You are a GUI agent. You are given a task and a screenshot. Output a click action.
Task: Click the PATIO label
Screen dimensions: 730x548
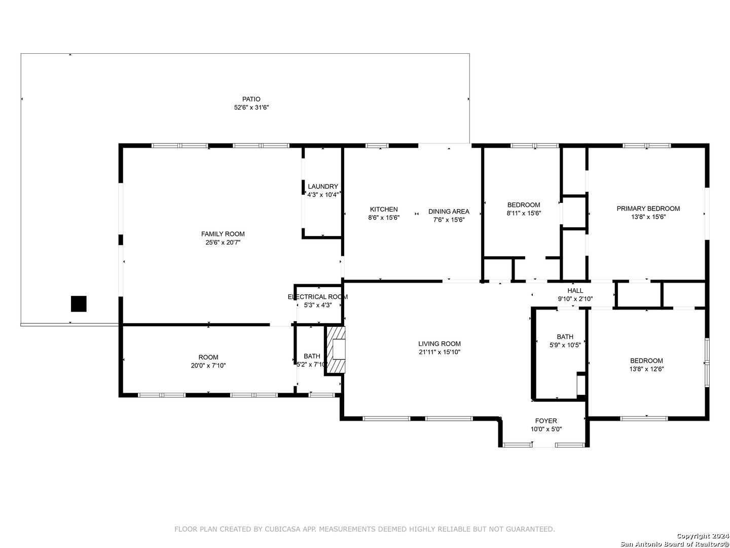[251, 99]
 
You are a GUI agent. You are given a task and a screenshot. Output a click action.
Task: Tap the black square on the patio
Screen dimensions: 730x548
[79, 303]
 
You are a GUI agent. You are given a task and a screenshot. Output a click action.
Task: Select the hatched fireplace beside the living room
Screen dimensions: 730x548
[335, 350]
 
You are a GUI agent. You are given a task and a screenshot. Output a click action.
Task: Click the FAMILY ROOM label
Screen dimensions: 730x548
[223, 234]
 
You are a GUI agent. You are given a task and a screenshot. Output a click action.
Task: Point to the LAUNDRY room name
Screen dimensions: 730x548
[322, 186]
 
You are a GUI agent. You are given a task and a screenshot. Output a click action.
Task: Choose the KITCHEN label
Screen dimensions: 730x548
[384, 209]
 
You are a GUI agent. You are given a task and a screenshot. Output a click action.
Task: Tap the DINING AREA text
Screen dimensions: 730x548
[449, 211]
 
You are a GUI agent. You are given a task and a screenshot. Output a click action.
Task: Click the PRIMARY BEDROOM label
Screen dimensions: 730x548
[648, 209]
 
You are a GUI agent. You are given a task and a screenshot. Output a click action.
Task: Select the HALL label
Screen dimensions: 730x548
[575, 290]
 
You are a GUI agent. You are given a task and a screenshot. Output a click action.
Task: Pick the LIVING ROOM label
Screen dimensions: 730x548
[440, 344]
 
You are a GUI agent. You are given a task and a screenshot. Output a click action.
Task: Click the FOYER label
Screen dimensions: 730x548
[546, 421]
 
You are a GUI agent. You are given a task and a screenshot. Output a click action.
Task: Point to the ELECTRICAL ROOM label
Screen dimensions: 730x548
[318, 297]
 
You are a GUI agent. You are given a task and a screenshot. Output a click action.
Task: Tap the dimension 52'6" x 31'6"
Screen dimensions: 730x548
[251, 108]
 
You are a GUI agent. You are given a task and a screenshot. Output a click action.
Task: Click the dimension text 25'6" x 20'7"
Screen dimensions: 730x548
[223, 242]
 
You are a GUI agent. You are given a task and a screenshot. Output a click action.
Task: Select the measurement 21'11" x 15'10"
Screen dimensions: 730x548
[440, 352]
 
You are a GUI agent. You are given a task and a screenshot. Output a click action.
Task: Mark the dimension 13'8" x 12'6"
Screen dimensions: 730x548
[646, 369]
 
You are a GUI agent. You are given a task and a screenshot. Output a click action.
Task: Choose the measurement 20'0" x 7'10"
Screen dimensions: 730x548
[208, 366]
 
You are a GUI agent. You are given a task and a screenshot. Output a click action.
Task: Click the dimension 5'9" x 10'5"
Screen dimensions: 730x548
[565, 345]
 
